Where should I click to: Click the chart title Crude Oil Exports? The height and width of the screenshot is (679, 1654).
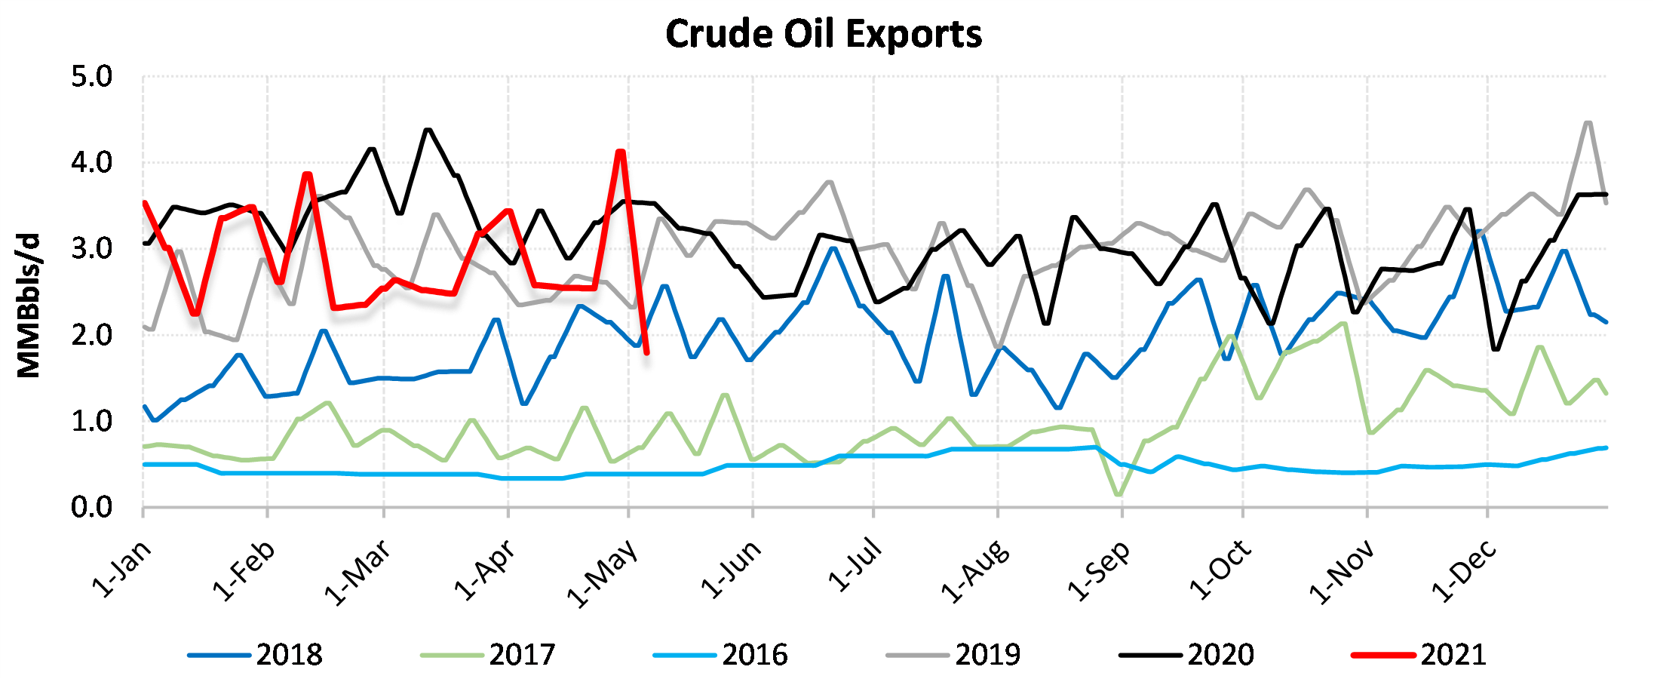point(824,34)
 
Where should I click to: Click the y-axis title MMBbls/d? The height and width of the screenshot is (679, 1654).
point(29,306)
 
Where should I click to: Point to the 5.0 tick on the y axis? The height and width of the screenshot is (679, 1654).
point(92,77)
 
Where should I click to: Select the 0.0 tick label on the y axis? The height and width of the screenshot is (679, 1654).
point(92,508)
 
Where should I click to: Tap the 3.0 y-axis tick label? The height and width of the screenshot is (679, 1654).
point(92,249)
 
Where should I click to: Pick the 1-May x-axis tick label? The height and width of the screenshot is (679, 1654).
point(603,573)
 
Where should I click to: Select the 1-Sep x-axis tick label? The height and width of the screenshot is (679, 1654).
point(1099,570)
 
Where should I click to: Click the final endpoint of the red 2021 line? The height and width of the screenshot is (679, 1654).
point(647,352)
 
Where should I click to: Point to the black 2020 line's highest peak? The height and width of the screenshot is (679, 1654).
point(428,130)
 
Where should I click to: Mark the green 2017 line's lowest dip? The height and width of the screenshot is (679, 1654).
point(1118,495)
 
